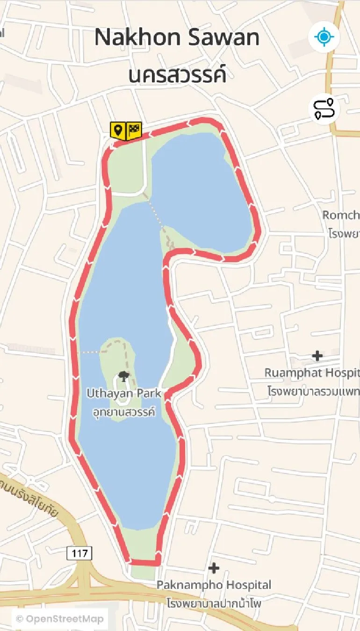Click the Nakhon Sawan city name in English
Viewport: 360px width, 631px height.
coord(177,37)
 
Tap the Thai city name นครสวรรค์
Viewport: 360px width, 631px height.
coord(178,75)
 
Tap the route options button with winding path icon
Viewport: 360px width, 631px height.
coord(324,109)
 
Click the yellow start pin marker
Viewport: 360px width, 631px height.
coord(117,130)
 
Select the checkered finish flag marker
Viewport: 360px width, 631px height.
coord(134,129)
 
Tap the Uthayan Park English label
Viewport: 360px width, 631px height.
coord(124,393)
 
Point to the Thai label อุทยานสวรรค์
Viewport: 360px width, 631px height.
coord(124,412)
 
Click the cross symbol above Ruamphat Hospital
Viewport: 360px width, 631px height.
coord(317,356)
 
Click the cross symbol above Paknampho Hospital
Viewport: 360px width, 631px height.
coord(214,568)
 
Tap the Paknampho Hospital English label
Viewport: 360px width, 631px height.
coord(214,585)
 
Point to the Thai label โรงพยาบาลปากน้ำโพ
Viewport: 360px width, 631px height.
coord(214,602)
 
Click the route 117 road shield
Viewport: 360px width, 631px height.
coord(79,553)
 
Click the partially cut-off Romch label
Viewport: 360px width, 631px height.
coord(341,215)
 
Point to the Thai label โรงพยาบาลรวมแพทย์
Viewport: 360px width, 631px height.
coord(313,390)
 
